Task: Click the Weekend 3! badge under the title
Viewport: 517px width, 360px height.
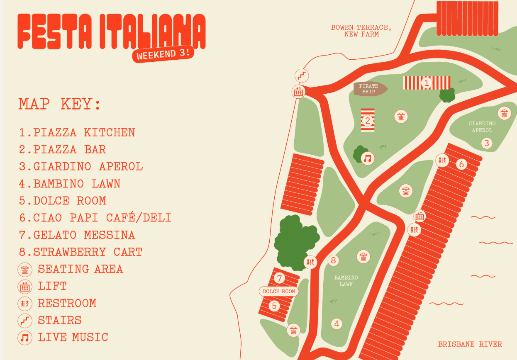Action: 163,54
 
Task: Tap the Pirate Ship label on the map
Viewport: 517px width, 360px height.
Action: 369,89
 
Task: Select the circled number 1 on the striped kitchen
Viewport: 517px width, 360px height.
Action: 426,83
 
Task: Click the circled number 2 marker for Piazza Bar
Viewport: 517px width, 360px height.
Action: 368,121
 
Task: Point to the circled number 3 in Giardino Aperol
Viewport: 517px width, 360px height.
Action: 487,143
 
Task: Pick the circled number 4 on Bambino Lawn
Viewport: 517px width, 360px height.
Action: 337,324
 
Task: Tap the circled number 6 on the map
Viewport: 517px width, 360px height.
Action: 461,164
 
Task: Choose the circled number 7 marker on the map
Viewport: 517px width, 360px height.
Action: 280,278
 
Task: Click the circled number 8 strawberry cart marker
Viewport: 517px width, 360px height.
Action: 333,260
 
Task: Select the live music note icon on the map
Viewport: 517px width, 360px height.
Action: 368,158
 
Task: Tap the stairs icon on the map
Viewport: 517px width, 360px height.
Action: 302,75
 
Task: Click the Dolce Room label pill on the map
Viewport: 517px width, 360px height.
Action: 279,292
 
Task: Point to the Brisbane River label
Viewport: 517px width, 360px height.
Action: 470,344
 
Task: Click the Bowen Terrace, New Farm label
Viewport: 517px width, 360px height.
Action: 361,31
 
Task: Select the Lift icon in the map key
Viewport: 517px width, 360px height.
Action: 25,287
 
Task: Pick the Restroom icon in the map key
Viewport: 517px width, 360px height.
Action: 25,304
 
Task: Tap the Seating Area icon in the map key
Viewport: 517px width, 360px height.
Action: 25,270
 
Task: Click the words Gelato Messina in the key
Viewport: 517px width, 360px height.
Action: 84,235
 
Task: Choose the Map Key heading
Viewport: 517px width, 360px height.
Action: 60,104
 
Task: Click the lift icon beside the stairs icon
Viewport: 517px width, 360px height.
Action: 299,91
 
